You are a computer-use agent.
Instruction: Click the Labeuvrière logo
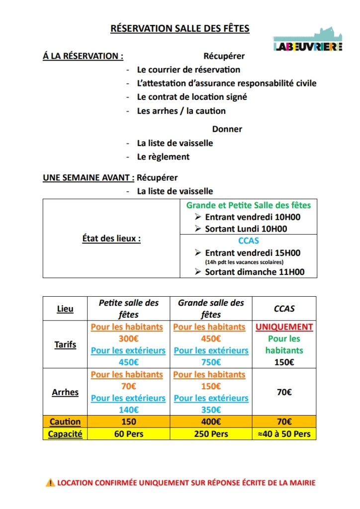click(x=308, y=40)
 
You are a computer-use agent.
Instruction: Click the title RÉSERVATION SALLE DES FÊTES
click(x=180, y=28)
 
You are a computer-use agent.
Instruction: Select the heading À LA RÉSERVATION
click(x=83, y=56)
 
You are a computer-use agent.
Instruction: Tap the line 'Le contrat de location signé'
click(x=192, y=97)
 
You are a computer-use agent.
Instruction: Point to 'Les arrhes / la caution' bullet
click(x=181, y=111)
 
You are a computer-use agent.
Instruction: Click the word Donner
click(x=227, y=129)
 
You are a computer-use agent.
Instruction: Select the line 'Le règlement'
click(x=163, y=157)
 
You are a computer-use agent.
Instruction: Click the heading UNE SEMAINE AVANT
click(x=89, y=177)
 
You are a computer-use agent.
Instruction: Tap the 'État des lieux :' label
click(x=111, y=239)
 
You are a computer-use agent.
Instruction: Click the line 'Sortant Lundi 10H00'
click(x=246, y=229)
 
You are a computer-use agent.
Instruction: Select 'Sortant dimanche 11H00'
click(x=254, y=272)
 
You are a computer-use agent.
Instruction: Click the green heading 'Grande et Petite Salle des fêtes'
click(x=248, y=205)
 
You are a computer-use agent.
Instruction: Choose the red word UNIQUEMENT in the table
click(x=284, y=327)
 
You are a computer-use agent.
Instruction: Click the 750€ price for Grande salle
click(x=211, y=362)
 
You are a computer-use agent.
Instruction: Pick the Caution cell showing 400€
click(x=211, y=422)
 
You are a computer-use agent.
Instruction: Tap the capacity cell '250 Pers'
click(x=211, y=434)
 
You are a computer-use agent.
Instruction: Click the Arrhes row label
click(x=65, y=392)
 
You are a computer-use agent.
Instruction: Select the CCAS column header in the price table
click(x=284, y=309)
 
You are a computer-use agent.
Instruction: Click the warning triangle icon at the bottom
click(x=50, y=482)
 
